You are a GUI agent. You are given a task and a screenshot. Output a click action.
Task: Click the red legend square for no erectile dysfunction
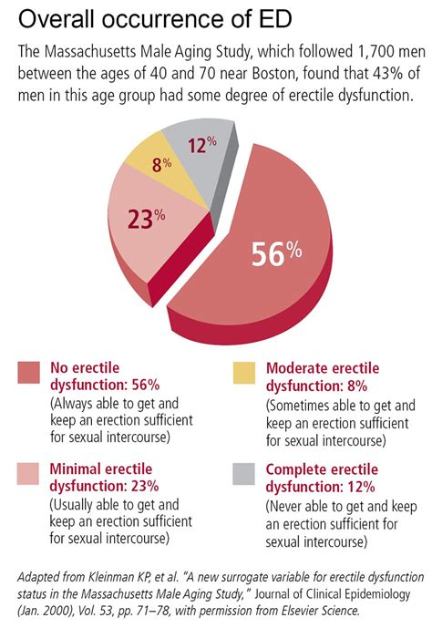coord(27,372)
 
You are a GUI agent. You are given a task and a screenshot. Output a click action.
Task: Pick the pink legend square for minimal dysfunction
coord(27,473)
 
